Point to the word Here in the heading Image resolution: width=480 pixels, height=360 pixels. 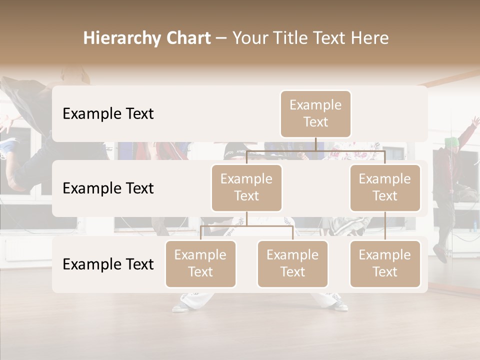click(x=370, y=38)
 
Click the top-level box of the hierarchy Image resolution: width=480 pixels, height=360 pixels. click(x=315, y=113)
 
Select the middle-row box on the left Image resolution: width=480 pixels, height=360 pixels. click(x=246, y=187)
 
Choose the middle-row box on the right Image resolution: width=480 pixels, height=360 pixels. click(x=385, y=187)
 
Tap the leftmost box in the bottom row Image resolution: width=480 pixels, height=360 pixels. click(x=200, y=263)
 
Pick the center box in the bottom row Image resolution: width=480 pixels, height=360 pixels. click(x=292, y=263)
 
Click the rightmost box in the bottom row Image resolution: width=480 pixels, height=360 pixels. click(x=385, y=263)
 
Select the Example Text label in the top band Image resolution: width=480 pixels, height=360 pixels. click(x=108, y=114)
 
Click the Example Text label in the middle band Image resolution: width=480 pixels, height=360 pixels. click(x=108, y=188)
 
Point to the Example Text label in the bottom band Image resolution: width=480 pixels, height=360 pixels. click(x=108, y=264)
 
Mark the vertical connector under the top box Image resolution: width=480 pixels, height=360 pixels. click(x=315, y=144)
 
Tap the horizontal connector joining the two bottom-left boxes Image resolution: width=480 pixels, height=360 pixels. click(x=246, y=226)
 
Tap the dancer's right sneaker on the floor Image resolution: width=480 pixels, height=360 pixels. click(x=181, y=307)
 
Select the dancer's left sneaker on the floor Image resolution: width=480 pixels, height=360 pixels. click(x=340, y=305)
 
